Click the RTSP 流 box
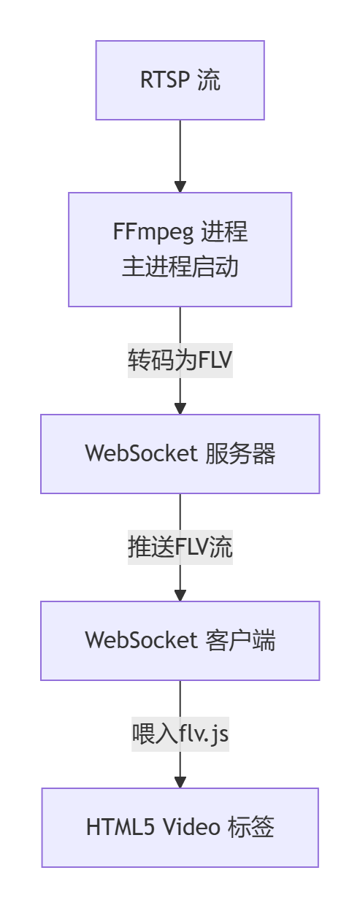click(x=180, y=80)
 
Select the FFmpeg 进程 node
click(x=180, y=249)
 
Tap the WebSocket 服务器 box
click(x=180, y=454)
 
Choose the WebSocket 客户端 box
click(x=180, y=640)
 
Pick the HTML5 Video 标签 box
click(x=180, y=827)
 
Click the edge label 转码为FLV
click(x=180, y=361)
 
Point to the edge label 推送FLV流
click(x=180, y=547)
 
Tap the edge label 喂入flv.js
click(x=180, y=734)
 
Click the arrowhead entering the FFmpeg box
click(x=180, y=186)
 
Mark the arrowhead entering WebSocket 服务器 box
click(x=180, y=408)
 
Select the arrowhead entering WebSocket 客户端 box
click(x=180, y=595)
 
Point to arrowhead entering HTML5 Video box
click(x=180, y=782)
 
